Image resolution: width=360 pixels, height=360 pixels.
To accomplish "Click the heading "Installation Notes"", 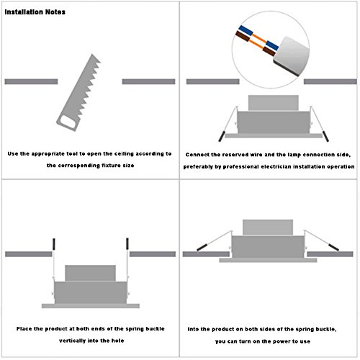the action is (x=35, y=12).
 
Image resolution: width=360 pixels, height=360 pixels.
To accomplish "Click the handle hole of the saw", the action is (x=67, y=122).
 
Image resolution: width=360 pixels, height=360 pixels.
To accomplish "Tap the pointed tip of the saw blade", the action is (x=92, y=55).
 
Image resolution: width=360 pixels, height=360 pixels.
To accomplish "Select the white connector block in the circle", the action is (x=292, y=57).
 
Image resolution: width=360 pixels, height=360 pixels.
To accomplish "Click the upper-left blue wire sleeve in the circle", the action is (x=246, y=30).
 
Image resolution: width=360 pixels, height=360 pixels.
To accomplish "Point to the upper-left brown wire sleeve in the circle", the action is (x=243, y=36).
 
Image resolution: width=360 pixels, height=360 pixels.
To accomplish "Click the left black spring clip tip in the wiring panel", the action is (x=222, y=136).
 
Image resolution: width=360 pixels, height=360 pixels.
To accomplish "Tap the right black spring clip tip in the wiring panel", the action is (x=325, y=136).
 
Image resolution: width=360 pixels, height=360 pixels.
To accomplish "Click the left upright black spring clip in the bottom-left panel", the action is (x=54, y=244).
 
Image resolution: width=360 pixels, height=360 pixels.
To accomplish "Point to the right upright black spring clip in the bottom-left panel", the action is (x=127, y=243).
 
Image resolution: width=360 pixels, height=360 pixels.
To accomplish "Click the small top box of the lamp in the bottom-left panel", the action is (x=91, y=273).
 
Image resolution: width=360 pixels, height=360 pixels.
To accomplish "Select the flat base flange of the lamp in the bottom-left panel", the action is (x=91, y=306).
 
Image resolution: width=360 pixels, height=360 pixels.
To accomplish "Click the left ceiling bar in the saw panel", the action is (x=31, y=81).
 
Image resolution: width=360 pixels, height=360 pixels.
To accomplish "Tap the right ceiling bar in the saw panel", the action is (x=148, y=81).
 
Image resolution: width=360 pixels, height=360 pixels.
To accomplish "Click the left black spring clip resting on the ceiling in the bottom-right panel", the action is (x=202, y=247).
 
